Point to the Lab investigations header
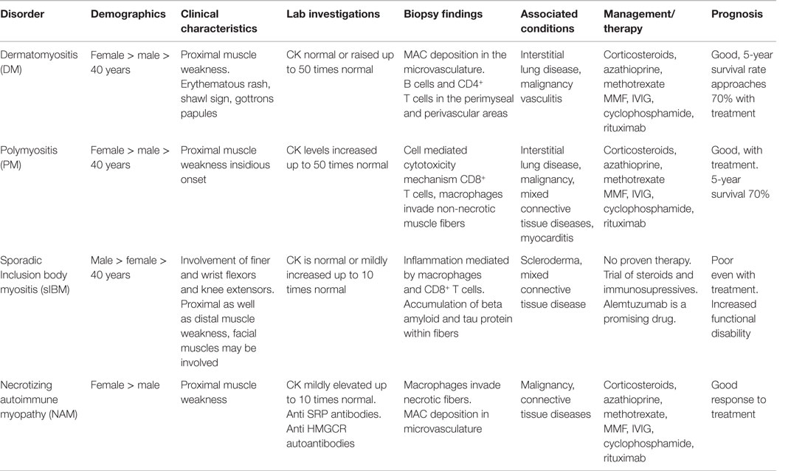click(x=333, y=14)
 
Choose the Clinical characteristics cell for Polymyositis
click(x=219, y=157)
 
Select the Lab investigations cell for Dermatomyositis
click(x=334, y=61)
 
